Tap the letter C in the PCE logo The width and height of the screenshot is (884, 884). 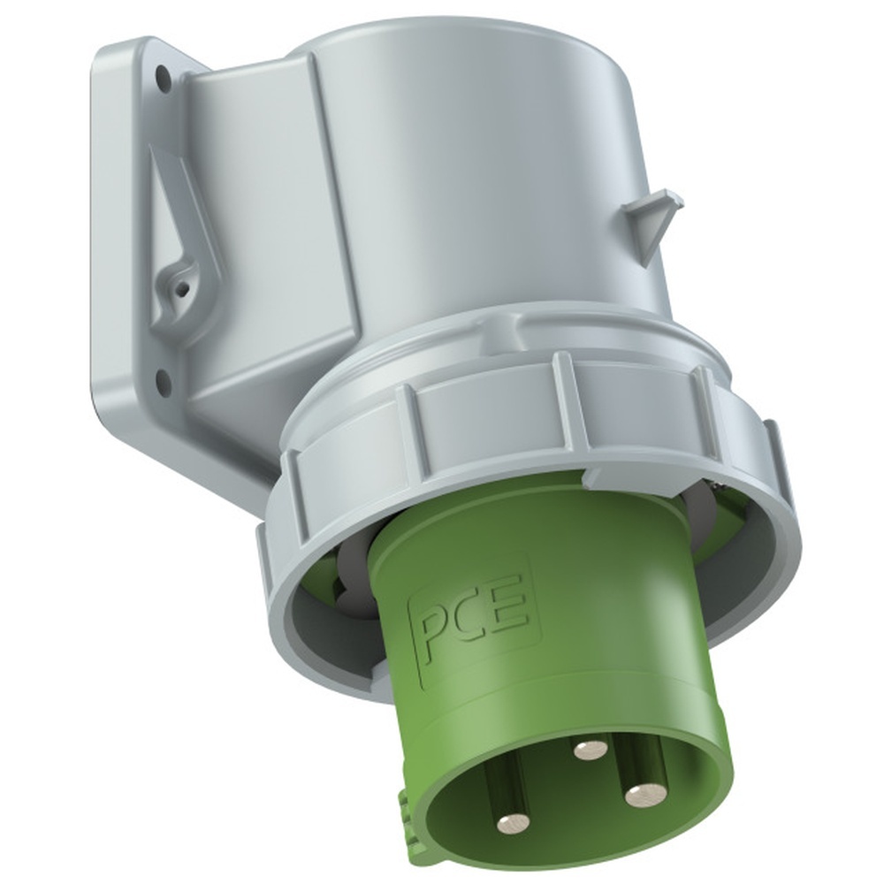click(x=468, y=625)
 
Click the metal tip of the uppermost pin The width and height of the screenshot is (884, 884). click(x=590, y=750)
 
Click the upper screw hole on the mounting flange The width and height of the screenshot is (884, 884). click(x=163, y=74)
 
